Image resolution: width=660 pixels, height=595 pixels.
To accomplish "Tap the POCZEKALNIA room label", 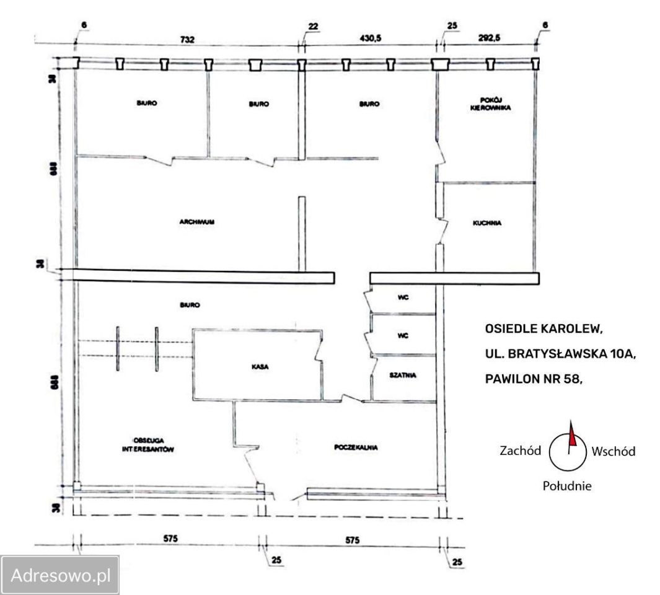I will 356,447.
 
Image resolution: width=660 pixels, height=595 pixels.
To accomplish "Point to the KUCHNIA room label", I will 486,223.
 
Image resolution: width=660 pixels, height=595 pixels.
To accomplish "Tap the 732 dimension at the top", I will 188,40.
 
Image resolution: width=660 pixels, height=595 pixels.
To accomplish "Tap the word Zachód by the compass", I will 521,451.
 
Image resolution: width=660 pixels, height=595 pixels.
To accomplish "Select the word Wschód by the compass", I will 613,451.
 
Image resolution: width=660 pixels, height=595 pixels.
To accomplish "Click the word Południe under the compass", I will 567,486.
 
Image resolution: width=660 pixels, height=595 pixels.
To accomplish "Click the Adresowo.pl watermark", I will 60,575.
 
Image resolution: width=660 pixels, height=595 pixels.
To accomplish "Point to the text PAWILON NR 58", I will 534,380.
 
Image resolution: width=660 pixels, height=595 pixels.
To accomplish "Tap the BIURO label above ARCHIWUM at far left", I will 146,104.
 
